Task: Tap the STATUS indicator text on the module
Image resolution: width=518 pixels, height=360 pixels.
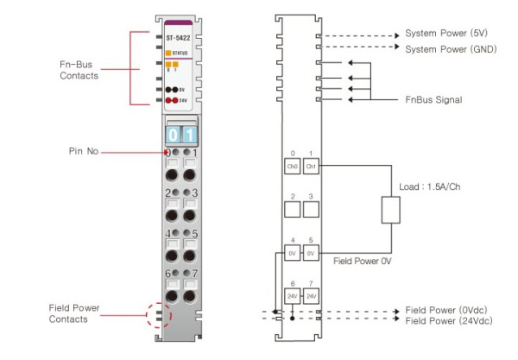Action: tap(181, 53)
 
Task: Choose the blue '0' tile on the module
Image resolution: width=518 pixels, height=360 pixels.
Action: tap(173, 135)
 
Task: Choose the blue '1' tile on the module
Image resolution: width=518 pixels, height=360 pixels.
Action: tap(190, 135)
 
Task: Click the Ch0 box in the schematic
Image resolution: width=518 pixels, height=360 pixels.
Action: tap(293, 165)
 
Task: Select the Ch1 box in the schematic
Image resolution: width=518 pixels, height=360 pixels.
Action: tap(312, 165)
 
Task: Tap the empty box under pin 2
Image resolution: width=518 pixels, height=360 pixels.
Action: tap(293, 210)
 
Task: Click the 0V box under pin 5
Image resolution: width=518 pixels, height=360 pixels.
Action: tap(312, 254)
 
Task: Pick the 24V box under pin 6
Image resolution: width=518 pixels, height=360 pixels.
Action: tap(293, 296)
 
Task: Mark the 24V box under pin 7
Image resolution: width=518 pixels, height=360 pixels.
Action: tap(312, 296)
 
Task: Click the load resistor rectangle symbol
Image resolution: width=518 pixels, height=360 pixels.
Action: tap(392, 210)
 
